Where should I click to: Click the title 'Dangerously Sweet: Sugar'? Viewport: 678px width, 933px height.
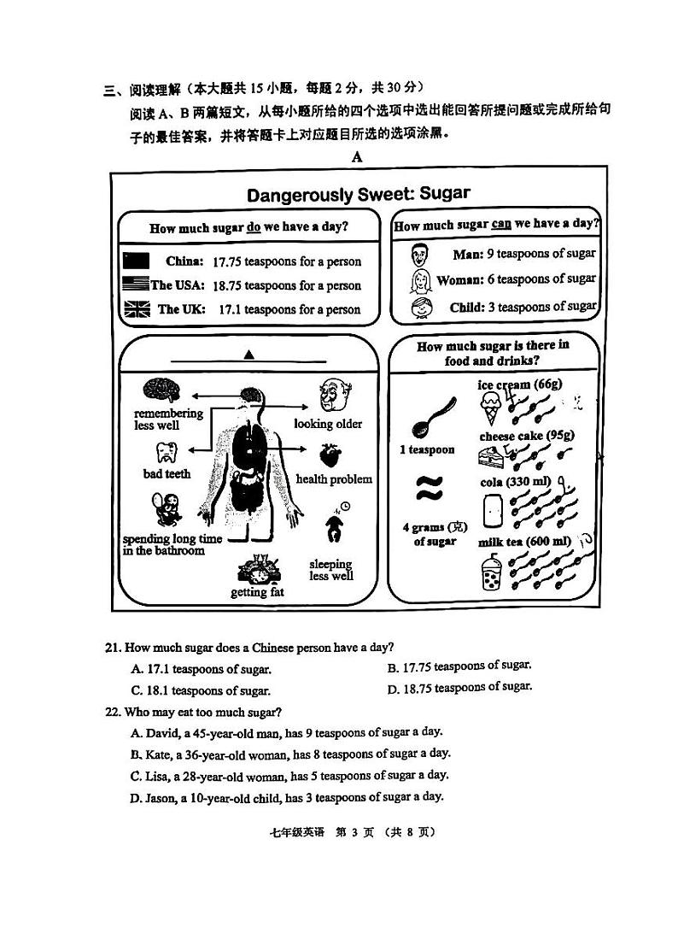coord(358,193)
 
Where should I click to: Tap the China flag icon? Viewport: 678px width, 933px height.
coord(136,261)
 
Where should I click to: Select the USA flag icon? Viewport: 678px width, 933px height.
coord(136,285)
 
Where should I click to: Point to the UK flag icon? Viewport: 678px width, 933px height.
coord(136,309)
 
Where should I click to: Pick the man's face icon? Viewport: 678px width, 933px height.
coord(419,254)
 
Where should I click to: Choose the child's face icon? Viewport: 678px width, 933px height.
coord(419,308)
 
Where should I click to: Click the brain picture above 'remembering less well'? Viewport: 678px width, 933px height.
coord(162,390)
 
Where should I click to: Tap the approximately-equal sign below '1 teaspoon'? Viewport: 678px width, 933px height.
coord(427,490)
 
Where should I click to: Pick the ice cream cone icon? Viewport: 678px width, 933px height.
coord(490,408)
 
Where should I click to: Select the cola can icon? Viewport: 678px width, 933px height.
coord(492,512)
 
